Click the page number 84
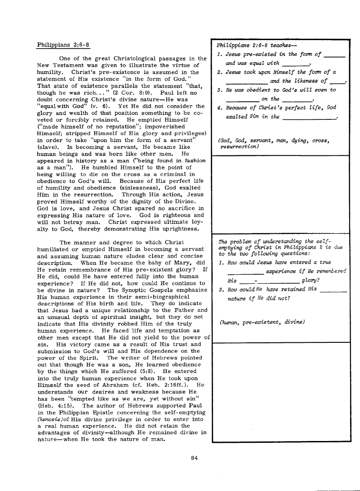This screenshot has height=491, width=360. point(195,458)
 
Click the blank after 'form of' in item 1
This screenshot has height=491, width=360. point(334,56)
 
